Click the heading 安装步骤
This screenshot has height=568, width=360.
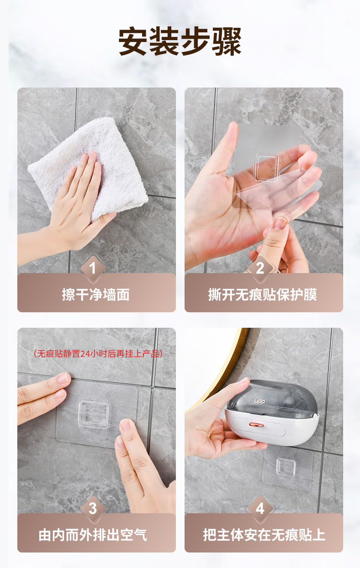[180, 41]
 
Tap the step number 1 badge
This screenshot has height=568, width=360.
[93, 268]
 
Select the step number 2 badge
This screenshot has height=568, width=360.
[260, 268]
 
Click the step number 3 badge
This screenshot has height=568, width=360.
[93, 508]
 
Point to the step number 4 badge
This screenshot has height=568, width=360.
[260, 508]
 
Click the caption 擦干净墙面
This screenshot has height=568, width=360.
[96, 294]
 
